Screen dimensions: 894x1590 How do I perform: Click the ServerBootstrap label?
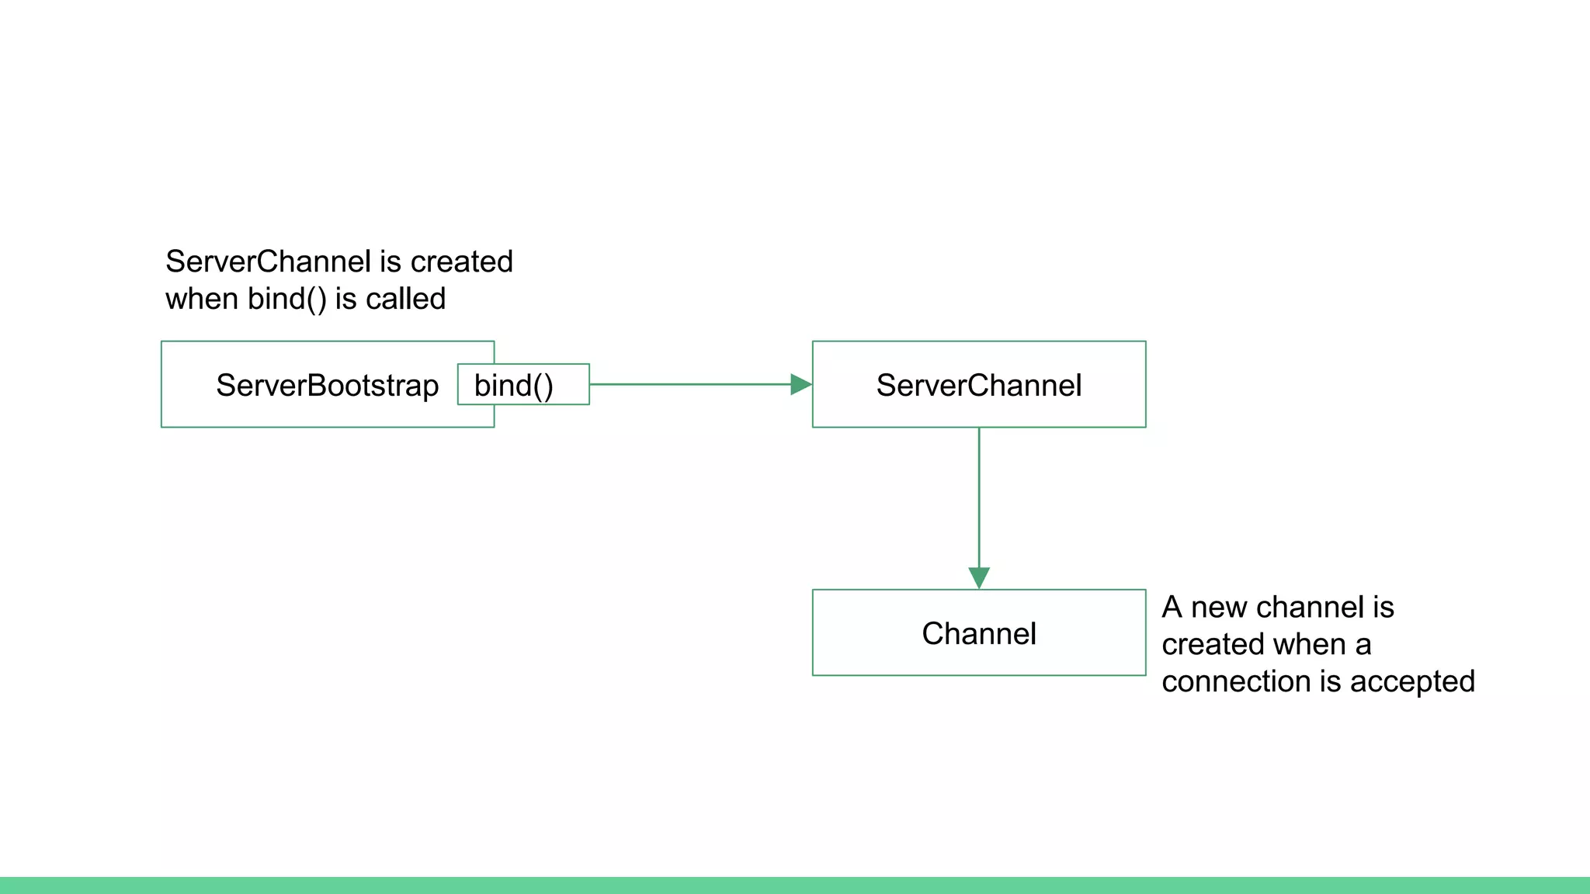pos(327,386)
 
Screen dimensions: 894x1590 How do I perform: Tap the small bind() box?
pos(522,385)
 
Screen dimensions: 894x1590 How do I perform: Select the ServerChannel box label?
pos(978,386)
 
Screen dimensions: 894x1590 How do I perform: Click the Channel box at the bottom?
pos(978,633)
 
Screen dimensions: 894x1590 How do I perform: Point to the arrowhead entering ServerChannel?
pos(800,384)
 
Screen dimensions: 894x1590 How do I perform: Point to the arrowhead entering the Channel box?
pos(979,577)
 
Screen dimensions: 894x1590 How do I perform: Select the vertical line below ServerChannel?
pos(979,497)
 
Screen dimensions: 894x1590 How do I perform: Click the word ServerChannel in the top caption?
pos(268,262)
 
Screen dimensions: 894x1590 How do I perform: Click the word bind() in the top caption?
pos(286,299)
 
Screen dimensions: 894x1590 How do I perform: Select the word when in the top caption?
pos(201,299)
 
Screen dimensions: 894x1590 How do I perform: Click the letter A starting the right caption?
pos(1172,607)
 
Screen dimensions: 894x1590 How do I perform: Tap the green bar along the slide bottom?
pos(795,885)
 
